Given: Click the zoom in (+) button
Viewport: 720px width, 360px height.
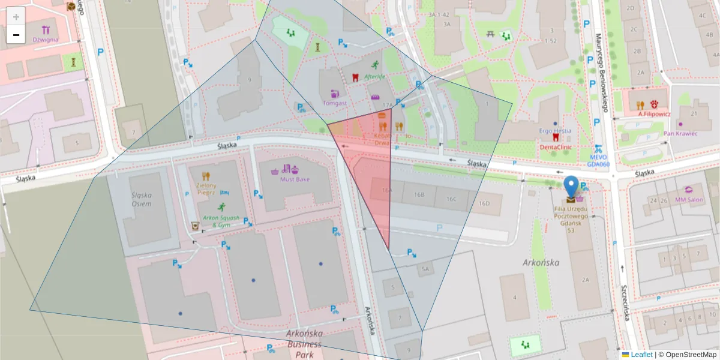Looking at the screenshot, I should pos(16,17).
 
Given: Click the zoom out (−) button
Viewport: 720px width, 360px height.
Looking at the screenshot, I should pos(16,35).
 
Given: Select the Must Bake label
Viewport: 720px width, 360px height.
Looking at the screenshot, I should pos(295,179).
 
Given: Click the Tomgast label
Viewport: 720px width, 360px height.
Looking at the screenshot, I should pos(335,103).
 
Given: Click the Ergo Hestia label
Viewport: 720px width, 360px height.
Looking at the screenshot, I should pos(554,130).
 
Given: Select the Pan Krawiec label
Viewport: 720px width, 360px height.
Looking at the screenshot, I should pos(680,133).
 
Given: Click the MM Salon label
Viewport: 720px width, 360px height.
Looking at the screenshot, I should pos(689,199).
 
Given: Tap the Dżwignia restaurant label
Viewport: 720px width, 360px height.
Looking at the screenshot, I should pos(46,40).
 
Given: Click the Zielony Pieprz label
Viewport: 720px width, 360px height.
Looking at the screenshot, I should pos(206,189).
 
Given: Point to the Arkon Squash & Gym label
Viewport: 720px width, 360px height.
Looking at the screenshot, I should pos(217,221).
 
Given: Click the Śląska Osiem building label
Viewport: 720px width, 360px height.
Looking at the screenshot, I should pos(142,199).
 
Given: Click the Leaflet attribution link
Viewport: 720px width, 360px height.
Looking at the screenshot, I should pos(641,355).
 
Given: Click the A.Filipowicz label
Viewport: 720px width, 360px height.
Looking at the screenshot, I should pos(654,113).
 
